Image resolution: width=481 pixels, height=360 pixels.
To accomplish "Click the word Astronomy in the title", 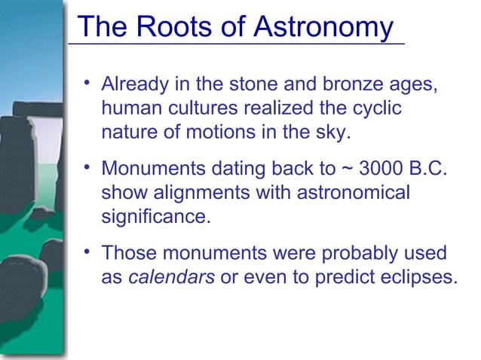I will (x=323, y=27).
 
